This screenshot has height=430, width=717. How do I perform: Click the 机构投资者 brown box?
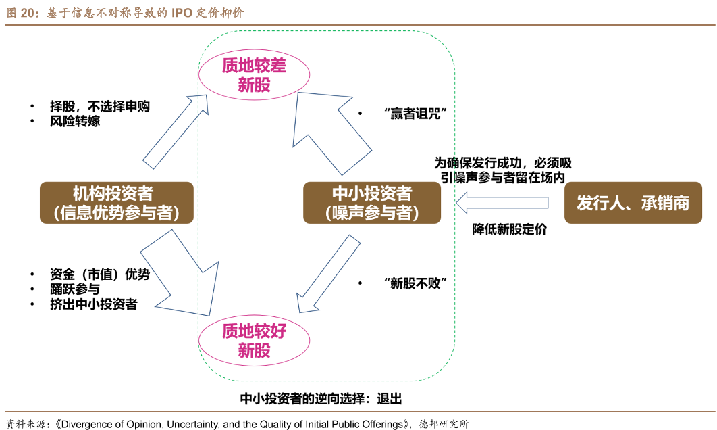point(117,202)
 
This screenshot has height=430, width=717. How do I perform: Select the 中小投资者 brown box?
point(371,202)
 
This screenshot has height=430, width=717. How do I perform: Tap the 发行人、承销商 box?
point(633,202)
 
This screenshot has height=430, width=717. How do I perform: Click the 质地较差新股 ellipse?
point(254,74)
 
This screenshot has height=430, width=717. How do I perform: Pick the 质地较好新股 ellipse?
point(254,340)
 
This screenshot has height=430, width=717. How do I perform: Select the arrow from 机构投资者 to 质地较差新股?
point(174,133)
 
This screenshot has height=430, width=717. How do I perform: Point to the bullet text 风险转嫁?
point(75,122)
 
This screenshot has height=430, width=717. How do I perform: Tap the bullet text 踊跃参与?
point(75,289)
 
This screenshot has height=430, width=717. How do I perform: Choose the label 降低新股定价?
point(509,229)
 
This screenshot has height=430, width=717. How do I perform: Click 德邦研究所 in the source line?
point(444,424)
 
